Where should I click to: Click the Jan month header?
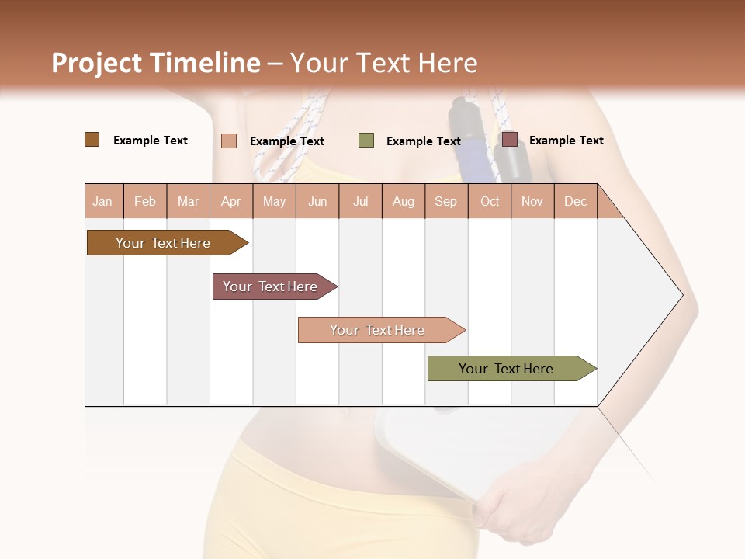[102, 202]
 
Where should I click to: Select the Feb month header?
[145, 202]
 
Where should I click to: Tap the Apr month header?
[230, 202]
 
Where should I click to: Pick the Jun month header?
[317, 202]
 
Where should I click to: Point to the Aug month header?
[403, 202]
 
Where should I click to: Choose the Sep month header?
[445, 202]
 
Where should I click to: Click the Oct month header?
[490, 202]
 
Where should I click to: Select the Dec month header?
[575, 202]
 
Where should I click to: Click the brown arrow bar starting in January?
[163, 243]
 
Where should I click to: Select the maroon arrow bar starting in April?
[270, 286]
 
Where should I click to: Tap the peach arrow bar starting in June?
[377, 330]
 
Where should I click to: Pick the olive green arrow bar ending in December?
[506, 369]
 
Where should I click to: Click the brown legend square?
[92, 140]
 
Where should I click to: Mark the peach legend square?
[229, 141]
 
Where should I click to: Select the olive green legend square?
[366, 141]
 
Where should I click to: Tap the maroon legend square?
[509, 140]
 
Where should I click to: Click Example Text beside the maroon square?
[566, 141]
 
